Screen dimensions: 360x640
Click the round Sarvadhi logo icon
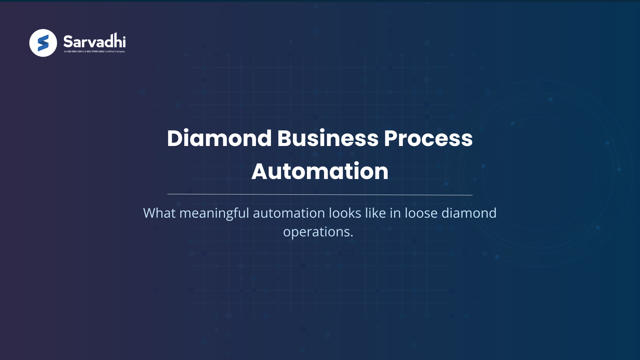(43, 43)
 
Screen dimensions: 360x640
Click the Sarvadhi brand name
(94, 41)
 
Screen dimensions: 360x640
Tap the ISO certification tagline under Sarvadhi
(94, 52)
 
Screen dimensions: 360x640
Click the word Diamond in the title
(219, 138)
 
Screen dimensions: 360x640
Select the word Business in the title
(328, 138)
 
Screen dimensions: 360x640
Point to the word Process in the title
(428, 138)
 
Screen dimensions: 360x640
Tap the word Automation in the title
(320, 171)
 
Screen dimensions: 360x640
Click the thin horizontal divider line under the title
(320, 194)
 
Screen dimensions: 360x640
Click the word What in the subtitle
(159, 213)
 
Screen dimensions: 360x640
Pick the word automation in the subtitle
(289, 213)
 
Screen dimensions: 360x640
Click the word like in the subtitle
(375, 213)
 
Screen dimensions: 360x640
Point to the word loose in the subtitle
(421, 213)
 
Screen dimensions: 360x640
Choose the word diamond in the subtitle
(469, 213)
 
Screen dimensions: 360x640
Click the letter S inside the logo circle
(43, 43)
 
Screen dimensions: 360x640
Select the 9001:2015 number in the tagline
(78, 52)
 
